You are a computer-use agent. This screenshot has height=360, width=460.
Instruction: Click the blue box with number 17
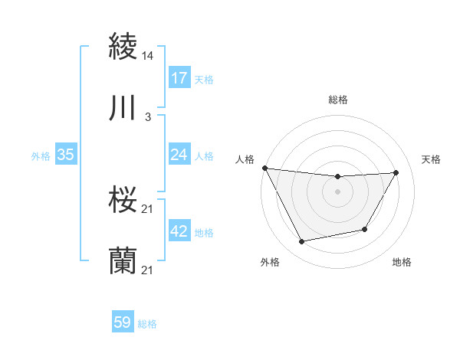pos(179,78)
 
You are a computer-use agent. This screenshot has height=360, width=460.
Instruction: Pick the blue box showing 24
pos(179,155)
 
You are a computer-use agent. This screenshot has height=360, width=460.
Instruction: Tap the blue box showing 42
pos(179,231)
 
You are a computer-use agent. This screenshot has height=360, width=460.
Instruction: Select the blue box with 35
pos(65,155)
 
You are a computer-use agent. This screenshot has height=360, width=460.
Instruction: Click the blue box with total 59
pos(123,322)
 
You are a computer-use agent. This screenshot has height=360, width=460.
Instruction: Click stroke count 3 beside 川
pos(148,117)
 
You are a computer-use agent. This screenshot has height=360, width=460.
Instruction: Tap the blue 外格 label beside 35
pos(41,155)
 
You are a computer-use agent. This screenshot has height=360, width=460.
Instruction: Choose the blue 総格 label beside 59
pos(147,324)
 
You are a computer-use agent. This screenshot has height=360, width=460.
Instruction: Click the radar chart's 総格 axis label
pos(338,100)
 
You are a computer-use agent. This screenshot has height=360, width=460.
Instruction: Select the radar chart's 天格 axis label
pos(432,159)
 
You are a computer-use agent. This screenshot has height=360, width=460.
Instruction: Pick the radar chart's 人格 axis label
pos(245,159)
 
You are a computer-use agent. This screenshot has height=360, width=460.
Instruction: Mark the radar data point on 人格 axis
pos(264,168)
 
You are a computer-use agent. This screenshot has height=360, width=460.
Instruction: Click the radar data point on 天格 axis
pos(396,172)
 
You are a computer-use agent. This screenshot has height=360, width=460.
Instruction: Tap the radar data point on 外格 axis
pos(301,242)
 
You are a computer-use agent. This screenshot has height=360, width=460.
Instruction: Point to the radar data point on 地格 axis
pos(365,229)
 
